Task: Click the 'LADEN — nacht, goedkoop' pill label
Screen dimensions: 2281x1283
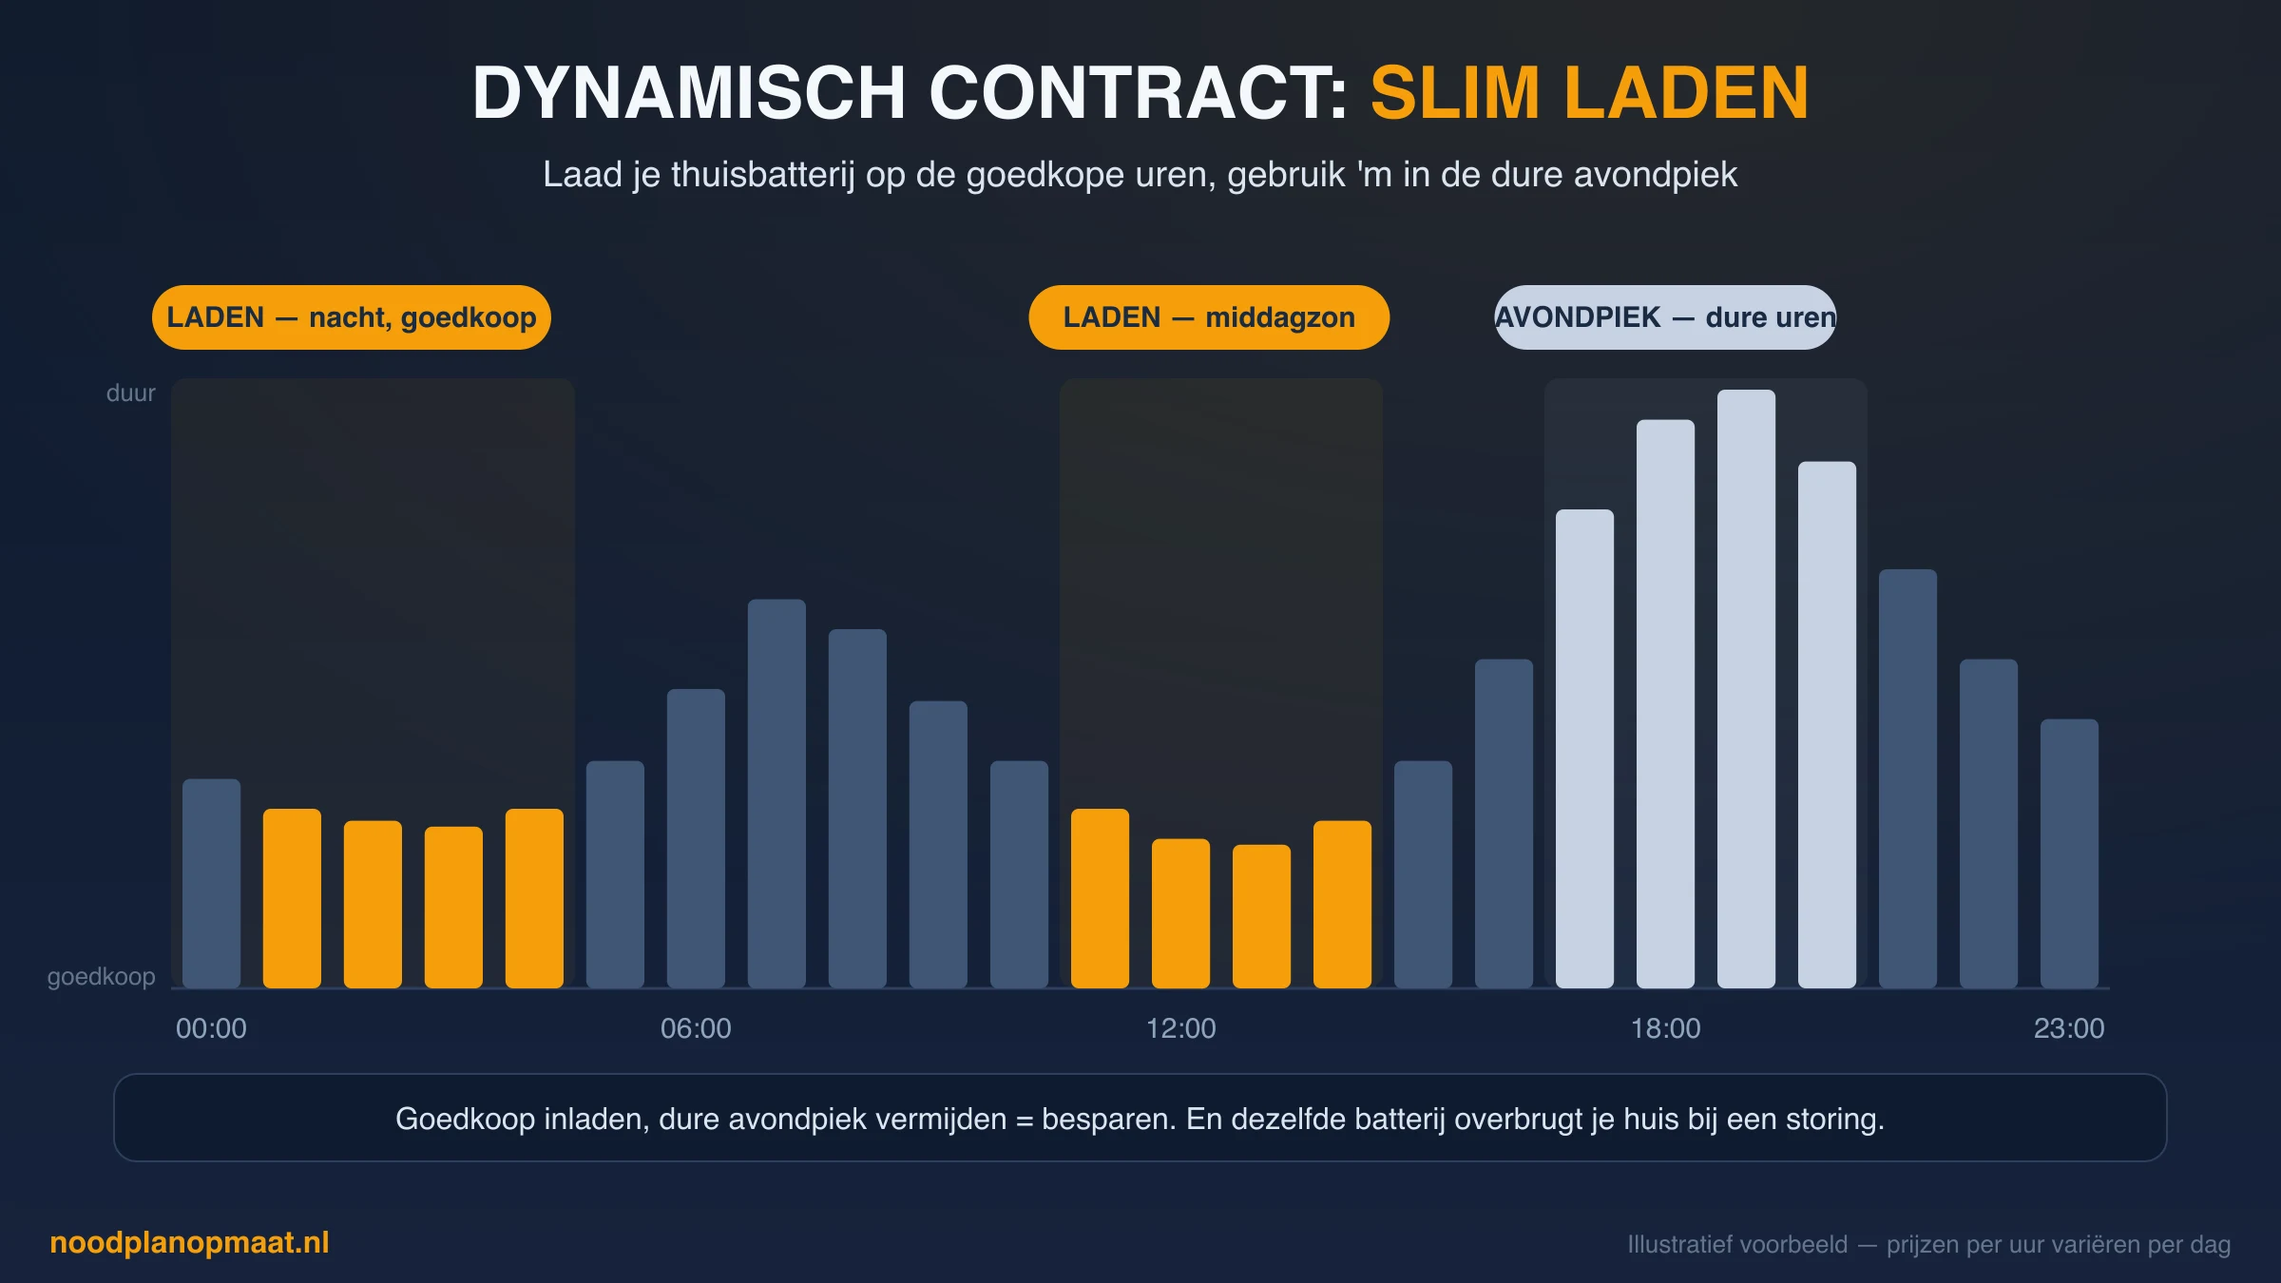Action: click(352, 317)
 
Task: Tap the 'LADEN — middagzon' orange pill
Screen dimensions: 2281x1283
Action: click(1209, 317)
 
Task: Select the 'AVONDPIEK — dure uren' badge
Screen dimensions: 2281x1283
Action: click(1665, 317)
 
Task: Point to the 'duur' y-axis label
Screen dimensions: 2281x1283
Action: click(130, 393)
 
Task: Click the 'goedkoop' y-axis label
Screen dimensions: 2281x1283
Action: click(102, 977)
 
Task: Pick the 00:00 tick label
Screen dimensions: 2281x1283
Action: click(211, 1028)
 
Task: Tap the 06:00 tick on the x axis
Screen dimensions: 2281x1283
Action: click(696, 1028)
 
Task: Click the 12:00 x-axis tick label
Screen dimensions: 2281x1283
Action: click(1180, 1028)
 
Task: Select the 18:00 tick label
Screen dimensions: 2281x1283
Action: click(1665, 1028)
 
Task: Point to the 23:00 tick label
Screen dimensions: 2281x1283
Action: click(2069, 1028)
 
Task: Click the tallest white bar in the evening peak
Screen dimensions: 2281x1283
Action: click(1746, 689)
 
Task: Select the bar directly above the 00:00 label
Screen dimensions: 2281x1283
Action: click(211, 884)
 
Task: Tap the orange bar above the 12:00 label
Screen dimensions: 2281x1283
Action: click(1180, 913)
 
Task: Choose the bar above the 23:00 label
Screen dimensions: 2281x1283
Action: click(2069, 853)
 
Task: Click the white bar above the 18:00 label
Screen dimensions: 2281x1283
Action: click(1665, 704)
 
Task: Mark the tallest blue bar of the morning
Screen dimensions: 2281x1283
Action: click(776, 794)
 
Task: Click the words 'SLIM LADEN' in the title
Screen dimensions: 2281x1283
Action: click(1589, 93)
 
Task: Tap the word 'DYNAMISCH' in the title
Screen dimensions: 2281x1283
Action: click(689, 93)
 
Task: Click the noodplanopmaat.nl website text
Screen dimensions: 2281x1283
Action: click(189, 1243)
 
